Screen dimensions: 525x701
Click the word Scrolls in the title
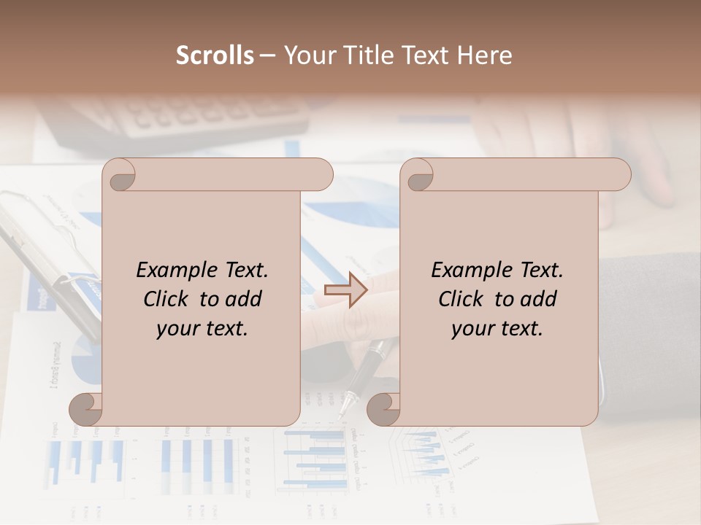click(215, 55)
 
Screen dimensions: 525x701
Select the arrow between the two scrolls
click(346, 289)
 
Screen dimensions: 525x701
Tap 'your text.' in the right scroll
click(497, 328)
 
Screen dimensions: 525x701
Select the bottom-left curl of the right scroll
click(383, 408)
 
